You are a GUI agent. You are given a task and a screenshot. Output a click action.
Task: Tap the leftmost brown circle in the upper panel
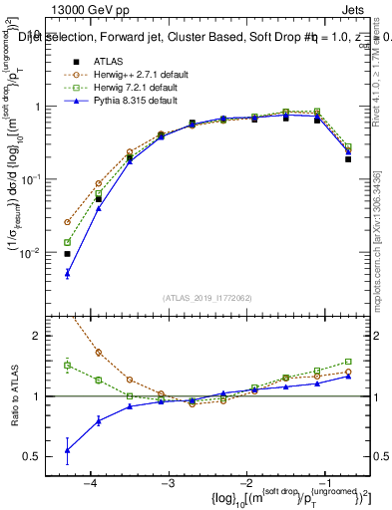67,222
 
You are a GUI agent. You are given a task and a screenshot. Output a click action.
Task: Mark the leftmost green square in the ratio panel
67,366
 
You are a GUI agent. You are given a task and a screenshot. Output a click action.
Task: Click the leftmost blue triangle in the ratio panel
67,450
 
